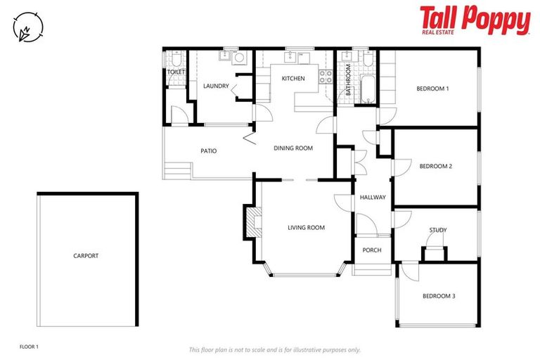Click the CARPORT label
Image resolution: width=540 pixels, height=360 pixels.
coord(86,256)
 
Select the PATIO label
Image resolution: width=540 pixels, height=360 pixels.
coord(208,151)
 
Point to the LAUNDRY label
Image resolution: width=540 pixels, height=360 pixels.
coord(216,86)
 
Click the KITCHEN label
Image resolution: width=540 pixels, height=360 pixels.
coord(293,79)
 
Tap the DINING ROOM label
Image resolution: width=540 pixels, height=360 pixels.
coord(292,148)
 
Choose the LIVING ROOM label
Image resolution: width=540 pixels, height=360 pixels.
coord(306,227)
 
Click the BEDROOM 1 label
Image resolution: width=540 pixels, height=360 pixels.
coord(432,89)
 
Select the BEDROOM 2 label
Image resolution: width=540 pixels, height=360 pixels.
coord(435,167)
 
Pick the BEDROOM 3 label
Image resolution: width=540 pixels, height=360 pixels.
coord(439,296)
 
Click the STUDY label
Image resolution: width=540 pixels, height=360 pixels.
coord(438,230)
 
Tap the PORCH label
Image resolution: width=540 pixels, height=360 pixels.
coord(371,250)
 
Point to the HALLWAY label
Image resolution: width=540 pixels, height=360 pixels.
coord(373,198)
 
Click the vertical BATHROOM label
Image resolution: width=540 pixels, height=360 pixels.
coord(348,80)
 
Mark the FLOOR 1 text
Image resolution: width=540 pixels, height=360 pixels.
coord(29,347)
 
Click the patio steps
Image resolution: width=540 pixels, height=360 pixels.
coord(178,169)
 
